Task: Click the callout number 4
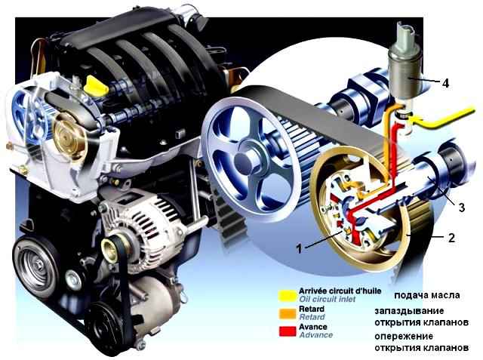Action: coord(445,83)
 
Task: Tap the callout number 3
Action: coord(461,208)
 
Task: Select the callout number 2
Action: coord(451,238)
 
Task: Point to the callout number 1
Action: coord(299,248)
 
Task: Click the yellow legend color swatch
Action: coord(287,295)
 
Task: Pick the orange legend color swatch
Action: coord(287,313)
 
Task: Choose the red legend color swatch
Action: coord(287,331)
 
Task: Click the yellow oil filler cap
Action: coord(96,85)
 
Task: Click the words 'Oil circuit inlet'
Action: coord(327,299)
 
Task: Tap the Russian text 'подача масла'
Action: coord(427,295)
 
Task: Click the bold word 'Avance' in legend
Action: coord(313,327)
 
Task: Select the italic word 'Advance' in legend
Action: coord(315,335)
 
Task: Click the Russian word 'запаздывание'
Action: coord(409,311)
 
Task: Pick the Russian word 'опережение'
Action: coord(404,336)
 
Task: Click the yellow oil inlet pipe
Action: coord(444,118)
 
